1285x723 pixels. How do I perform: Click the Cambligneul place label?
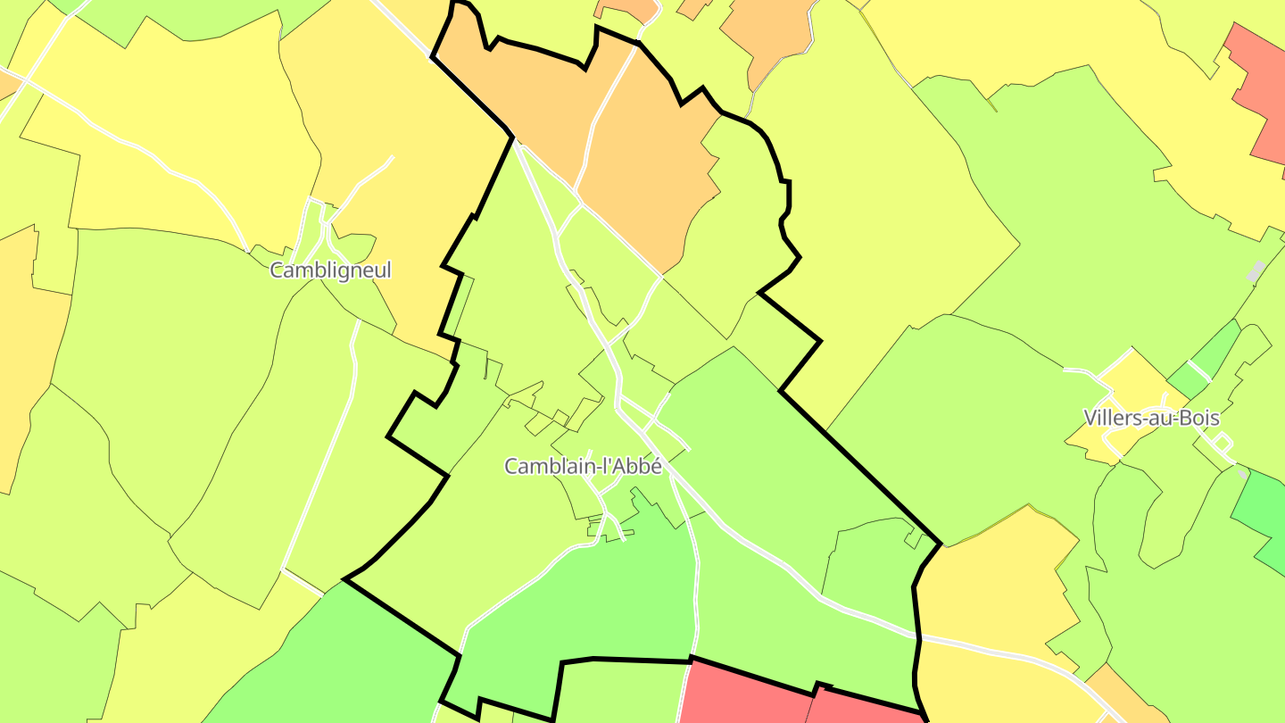(330, 270)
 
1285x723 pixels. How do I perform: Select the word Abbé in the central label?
(641, 466)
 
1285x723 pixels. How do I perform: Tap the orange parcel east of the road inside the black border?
(651, 170)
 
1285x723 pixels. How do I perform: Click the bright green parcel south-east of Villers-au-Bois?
(1260, 513)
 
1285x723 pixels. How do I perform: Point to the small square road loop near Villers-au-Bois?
(1223, 442)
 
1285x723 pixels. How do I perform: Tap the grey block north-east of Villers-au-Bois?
(1256, 271)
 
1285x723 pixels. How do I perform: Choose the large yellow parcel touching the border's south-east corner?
(991, 580)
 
